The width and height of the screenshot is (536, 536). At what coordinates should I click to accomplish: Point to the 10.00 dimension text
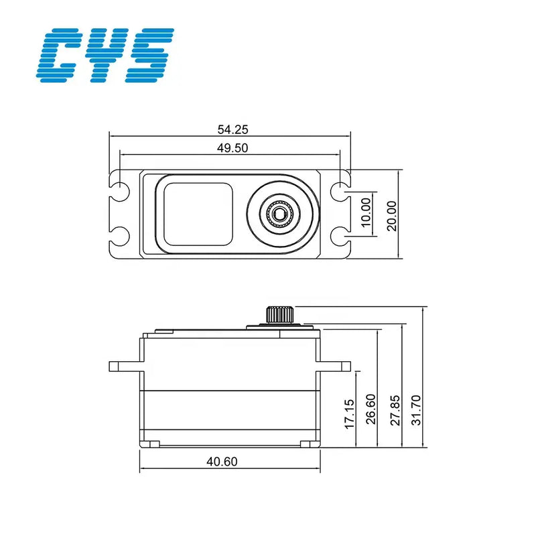[x=366, y=213]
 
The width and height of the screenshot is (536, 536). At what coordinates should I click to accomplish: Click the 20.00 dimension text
[x=391, y=214]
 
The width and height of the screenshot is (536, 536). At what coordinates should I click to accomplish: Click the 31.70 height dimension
[x=417, y=409]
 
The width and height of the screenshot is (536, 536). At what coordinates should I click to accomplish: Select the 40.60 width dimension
[x=229, y=461]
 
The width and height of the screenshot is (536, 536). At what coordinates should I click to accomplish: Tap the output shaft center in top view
[x=279, y=214]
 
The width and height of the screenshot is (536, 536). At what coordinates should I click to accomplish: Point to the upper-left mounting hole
[x=121, y=190]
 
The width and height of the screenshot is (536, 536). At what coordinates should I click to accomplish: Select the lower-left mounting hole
[x=121, y=236]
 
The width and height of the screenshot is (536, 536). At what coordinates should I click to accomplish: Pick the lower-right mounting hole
[x=340, y=237]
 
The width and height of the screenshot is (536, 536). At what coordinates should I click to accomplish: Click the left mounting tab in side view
[x=125, y=366]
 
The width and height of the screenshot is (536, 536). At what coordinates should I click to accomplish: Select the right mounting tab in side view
[x=336, y=365]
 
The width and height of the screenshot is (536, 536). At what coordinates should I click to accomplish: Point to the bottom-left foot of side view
[x=153, y=444]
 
